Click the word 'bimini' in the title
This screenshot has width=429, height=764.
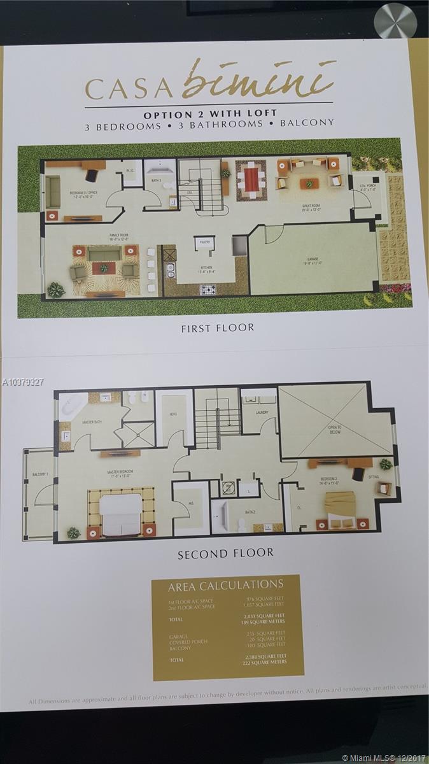[x=258, y=81]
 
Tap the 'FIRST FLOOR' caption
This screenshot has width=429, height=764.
[x=218, y=328]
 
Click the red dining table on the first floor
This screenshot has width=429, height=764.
[x=251, y=180]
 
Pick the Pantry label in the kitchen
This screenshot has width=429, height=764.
[x=204, y=242]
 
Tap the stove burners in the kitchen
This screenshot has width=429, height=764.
[x=208, y=290]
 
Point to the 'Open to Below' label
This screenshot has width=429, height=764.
[x=334, y=430]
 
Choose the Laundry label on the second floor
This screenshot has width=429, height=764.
[x=262, y=413]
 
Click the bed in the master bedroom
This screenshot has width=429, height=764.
[x=121, y=513]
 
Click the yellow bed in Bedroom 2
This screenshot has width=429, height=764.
[x=340, y=506]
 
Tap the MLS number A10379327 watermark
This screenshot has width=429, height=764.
[x=23, y=382]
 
